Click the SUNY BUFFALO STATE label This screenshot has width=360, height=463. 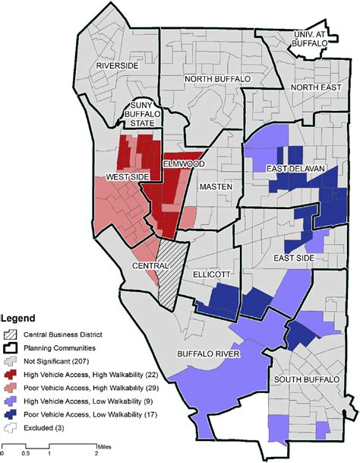[x=143, y=114]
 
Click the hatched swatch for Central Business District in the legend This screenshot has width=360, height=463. [x=11, y=333]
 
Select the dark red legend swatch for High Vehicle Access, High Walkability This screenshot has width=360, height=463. [x=11, y=373]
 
